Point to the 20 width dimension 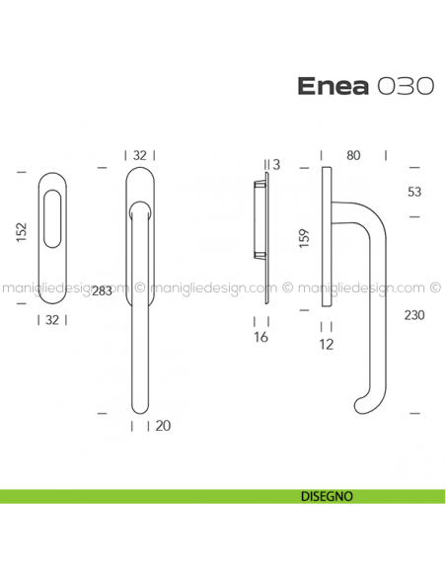[x=163, y=426]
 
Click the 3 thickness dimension [x=278, y=164]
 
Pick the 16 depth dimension [x=261, y=339]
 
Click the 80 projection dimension [x=352, y=154]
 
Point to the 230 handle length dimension [x=415, y=315]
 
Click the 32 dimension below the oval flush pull [x=51, y=319]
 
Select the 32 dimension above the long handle [x=140, y=155]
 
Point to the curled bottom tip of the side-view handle [x=362, y=406]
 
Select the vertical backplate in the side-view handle [x=327, y=237]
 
